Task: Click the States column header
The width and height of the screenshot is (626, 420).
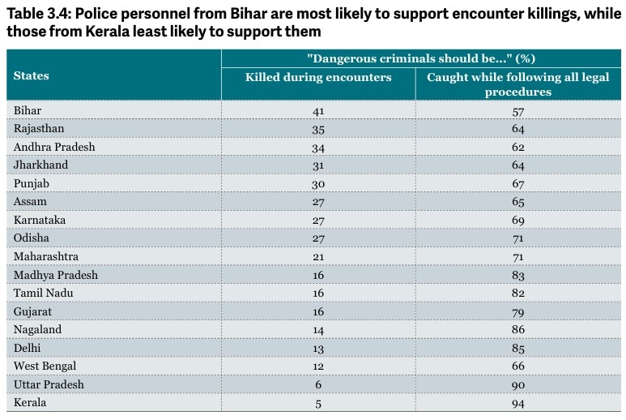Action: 31,75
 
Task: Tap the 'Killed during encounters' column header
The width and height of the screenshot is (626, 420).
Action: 318,77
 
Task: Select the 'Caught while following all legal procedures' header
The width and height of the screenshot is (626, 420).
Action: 517,84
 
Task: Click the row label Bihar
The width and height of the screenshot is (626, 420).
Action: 28,110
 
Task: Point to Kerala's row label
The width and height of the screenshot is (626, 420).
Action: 30,402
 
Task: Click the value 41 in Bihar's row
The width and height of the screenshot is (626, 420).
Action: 318,111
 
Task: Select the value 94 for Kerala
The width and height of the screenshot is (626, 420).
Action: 517,403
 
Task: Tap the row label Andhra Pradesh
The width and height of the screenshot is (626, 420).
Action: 54,147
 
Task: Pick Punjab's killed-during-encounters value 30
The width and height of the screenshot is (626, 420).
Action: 318,184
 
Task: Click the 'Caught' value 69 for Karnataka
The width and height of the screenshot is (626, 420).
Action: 517,221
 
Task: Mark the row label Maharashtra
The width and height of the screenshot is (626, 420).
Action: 46,256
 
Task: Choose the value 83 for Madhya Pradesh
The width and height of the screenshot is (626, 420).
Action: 517,276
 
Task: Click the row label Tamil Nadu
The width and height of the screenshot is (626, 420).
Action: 43,293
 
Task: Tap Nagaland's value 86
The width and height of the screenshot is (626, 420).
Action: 517,330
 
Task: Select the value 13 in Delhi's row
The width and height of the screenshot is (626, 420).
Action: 318,349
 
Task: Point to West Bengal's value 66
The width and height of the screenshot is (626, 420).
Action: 517,366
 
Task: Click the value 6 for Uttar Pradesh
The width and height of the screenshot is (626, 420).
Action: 318,384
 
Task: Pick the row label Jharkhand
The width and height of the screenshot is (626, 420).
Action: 40,165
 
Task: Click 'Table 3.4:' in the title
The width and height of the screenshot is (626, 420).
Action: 39,14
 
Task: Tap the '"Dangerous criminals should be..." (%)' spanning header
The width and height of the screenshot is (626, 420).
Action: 421,58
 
